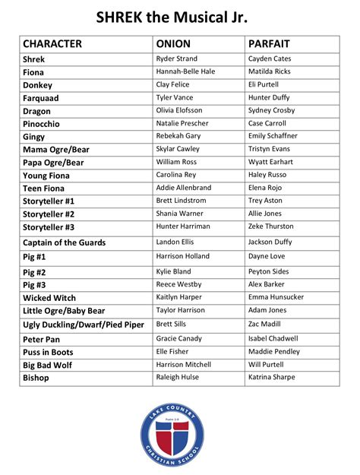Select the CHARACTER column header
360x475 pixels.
(x=52, y=44)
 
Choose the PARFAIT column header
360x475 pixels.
(x=269, y=44)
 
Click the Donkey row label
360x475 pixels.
(x=37, y=85)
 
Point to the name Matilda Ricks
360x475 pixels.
(x=270, y=71)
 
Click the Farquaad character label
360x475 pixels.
(x=41, y=98)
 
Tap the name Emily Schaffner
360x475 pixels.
(x=273, y=136)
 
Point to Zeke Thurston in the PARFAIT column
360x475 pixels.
(x=271, y=226)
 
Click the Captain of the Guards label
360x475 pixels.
(x=64, y=242)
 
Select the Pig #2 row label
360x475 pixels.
(x=34, y=272)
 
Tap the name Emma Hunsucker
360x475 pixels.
(x=276, y=297)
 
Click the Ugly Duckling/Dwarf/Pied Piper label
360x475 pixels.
(x=84, y=325)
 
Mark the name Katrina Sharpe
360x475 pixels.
(x=273, y=378)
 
